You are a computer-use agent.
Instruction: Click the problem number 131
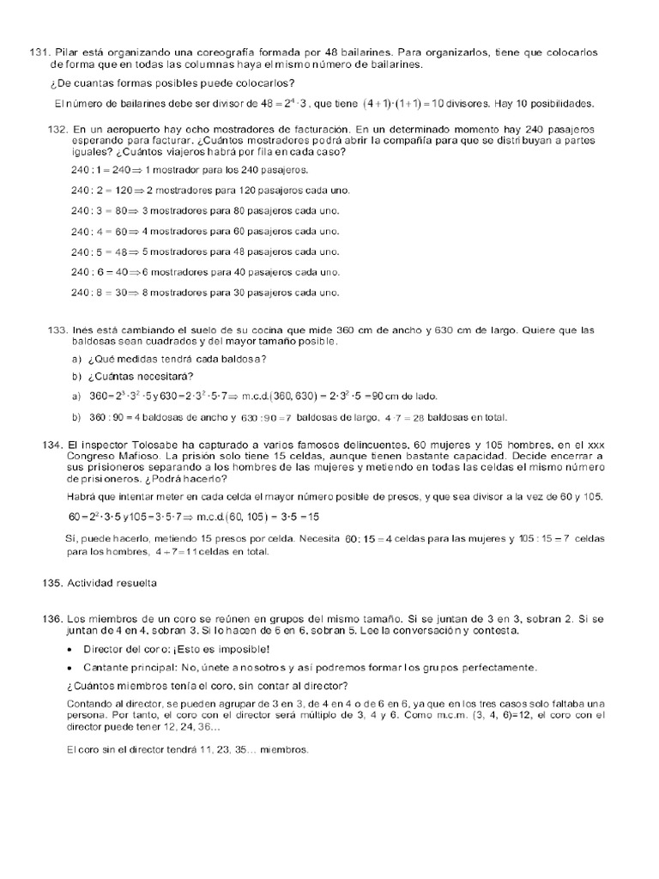point(40,53)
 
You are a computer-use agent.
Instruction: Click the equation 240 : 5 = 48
point(97,252)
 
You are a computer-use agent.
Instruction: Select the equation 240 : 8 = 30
point(97,292)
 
